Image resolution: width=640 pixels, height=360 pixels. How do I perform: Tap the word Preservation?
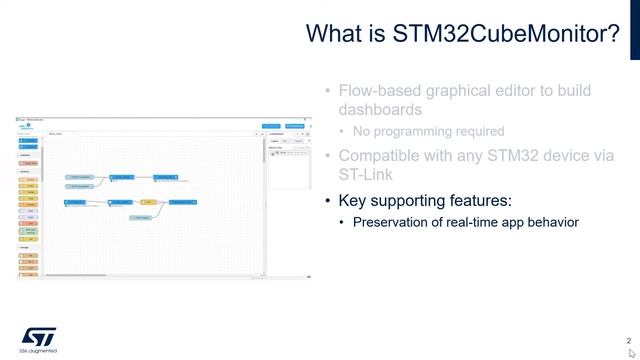pyautogui.click(x=395, y=222)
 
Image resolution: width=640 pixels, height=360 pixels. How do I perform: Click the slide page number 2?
pyautogui.click(x=628, y=340)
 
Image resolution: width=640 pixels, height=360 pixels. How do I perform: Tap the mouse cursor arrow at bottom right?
pyautogui.click(x=632, y=353)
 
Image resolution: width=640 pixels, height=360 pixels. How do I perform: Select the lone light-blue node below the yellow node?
pyautogui.click(x=142, y=217)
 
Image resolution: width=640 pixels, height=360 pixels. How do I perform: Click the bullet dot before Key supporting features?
pyautogui.click(x=327, y=200)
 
